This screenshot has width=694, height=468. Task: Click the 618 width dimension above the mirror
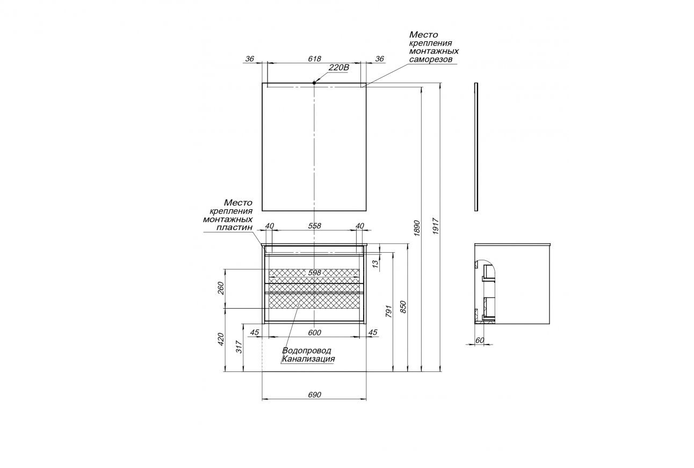314,58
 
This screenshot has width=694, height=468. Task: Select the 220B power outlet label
338,68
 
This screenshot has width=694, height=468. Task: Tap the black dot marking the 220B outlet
314,83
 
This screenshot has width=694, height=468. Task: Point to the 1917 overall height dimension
436,228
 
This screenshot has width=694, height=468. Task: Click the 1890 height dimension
417,228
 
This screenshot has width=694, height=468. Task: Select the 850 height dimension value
403,307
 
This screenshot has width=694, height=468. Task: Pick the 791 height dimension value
390,311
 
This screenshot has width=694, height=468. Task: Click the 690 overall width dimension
314,394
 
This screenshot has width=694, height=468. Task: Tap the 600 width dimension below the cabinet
314,333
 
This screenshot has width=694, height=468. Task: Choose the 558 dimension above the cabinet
314,226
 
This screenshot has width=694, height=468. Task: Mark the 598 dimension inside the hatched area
314,273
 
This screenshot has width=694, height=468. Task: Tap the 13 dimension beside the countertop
376,264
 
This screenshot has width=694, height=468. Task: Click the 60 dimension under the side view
480,340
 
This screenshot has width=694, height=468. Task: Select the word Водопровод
306,350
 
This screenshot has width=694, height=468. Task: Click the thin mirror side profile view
476,146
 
